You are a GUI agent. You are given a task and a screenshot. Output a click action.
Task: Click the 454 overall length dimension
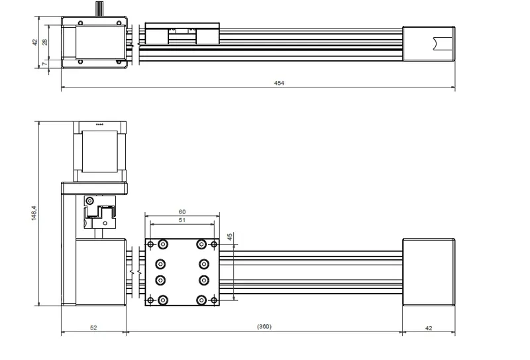(x=279, y=83)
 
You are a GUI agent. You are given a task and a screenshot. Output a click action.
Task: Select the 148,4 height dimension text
(x=34, y=213)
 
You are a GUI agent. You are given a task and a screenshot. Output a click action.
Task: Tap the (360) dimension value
(x=264, y=326)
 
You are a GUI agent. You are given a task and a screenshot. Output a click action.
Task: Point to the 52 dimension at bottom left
(x=93, y=328)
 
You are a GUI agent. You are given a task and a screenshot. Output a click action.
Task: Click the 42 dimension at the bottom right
(x=429, y=328)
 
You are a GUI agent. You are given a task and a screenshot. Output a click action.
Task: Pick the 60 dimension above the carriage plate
(x=182, y=211)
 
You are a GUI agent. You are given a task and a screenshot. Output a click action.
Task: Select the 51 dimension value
(x=182, y=220)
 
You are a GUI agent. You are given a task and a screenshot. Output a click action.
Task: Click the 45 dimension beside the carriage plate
(x=230, y=237)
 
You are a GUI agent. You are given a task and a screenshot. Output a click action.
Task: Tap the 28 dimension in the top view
(x=44, y=42)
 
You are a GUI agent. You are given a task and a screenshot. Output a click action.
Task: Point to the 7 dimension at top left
(x=44, y=64)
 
